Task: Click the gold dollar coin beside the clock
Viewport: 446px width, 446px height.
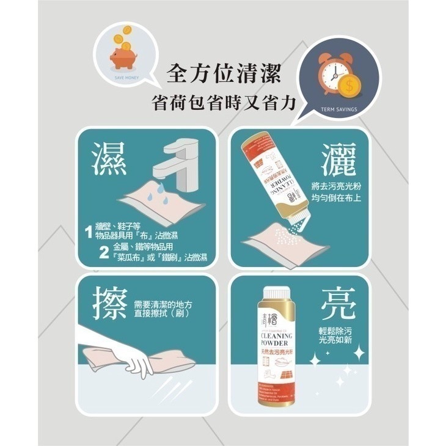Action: [x=350, y=86]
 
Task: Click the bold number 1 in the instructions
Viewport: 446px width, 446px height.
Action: [x=89, y=232]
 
